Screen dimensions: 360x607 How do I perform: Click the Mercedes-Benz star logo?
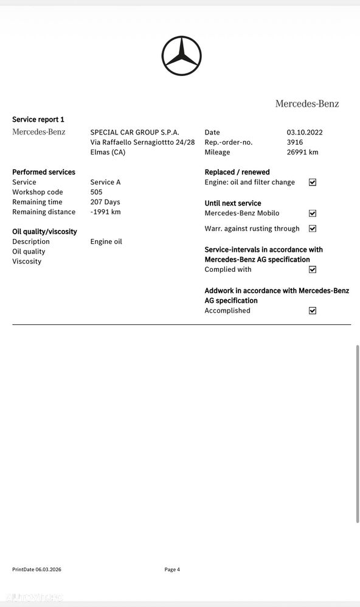pyautogui.click(x=181, y=56)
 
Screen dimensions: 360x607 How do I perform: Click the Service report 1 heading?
pyautogui.click(x=38, y=120)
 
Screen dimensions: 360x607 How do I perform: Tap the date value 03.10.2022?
pyautogui.click(x=305, y=133)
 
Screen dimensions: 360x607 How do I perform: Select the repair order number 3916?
pyautogui.click(x=295, y=142)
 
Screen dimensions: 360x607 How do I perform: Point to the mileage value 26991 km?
pyautogui.click(x=302, y=152)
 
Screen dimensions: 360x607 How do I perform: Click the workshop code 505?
pyautogui.click(x=96, y=192)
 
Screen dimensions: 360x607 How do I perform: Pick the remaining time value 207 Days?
pyautogui.click(x=105, y=202)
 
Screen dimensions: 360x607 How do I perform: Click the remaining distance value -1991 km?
pyautogui.click(x=105, y=212)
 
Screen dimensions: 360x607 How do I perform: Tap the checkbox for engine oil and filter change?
pyautogui.click(x=313, y=182)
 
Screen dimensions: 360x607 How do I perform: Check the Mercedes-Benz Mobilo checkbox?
pyautogui.click(x=313, y=213)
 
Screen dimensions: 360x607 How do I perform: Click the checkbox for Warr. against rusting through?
pyautogui.click(x=313, y=229)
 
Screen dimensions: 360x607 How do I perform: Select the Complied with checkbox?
pyautogui.click(x=313, y=269)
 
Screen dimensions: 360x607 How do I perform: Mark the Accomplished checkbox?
pyautogui.click(x=313, y=310)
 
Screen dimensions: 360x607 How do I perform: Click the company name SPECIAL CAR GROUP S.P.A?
pyautogui.click(x=134, y=133)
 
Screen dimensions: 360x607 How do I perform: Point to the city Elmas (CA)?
pyautogui.click(x=108, y=152)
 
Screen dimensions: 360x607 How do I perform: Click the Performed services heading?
pyautogui.click(x=44, y=172)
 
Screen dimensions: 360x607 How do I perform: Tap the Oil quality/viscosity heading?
pyautogui.click(x=44, y=232)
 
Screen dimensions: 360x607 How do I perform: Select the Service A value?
pyautogui.click(x=105, y=182)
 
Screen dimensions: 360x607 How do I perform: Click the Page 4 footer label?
pyautogui.click(x=172, y=569)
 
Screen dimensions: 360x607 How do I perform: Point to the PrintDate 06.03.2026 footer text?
pyautogui.click(x=36, y=569)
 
